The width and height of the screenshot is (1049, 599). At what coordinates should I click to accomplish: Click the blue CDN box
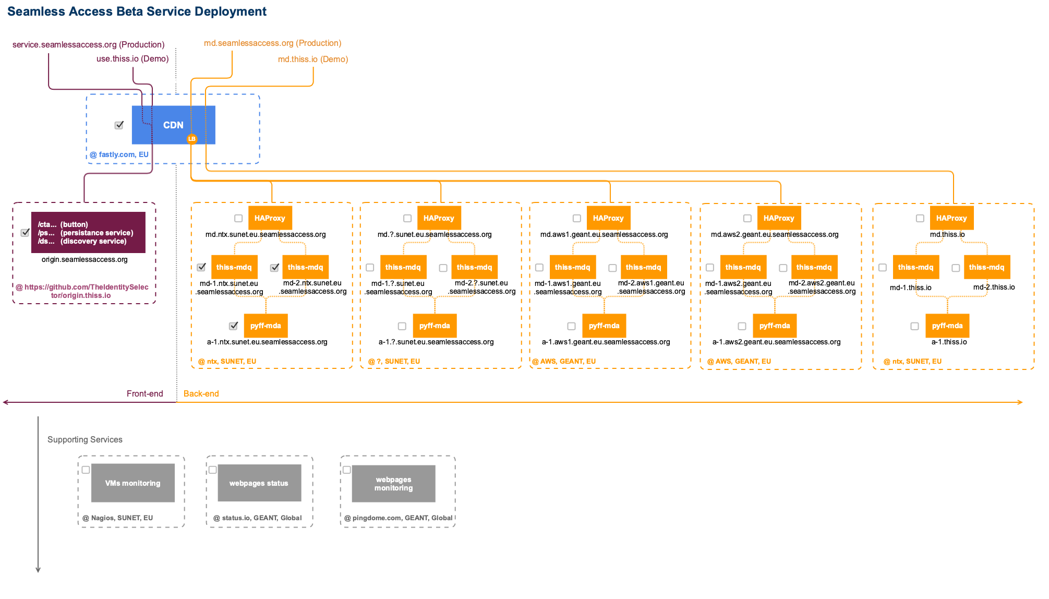[173, 125]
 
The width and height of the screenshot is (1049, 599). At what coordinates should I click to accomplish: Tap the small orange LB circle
[192, 139]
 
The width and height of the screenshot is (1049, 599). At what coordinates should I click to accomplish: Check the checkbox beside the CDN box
[119, 125]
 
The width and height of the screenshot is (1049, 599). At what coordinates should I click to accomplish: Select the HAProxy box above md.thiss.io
[951, 218]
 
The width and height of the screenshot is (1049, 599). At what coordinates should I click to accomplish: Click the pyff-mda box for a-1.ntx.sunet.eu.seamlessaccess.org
[266, 326]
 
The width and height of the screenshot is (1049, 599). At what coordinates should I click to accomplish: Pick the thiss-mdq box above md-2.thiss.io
[986, 267]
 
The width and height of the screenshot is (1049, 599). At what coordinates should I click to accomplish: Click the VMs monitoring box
[133, 483]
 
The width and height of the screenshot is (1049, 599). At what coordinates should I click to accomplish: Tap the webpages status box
[259, 483]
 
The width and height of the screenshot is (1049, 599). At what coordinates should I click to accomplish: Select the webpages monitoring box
[394, 484]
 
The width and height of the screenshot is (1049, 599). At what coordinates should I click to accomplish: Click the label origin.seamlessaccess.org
[85, 259]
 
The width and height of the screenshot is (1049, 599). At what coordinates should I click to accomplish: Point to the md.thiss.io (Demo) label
[313, 59]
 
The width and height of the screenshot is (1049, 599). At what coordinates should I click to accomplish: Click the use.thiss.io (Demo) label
[132, 59]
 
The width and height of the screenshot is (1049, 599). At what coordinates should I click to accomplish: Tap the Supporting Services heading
[85, 439]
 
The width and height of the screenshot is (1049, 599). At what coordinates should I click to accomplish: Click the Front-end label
[145, 393]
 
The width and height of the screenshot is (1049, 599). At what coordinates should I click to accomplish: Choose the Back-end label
[201, 393]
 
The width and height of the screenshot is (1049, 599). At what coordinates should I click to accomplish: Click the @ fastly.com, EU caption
[119, 154]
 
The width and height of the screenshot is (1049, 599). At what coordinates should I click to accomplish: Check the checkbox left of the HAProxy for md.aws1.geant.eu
[577, 219]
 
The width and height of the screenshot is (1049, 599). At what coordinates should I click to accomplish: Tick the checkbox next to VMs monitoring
[86, 470]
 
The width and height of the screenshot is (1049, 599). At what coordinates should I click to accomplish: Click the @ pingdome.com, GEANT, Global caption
[399, 518]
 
